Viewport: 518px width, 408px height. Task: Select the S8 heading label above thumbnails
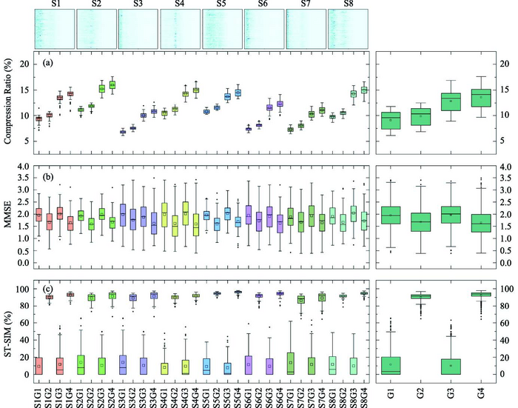coord(347,5)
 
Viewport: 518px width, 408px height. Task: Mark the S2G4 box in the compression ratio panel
coord(112,85)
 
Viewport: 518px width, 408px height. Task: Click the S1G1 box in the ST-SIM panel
coord(38,363)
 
